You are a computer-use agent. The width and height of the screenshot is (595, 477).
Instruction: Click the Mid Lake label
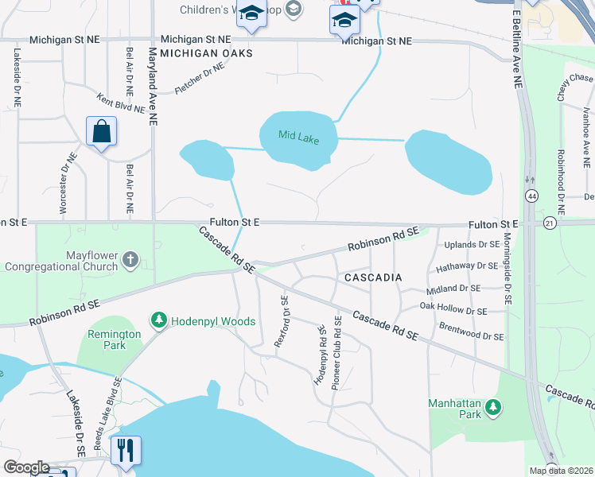pyautogui.click(x=298, y=137)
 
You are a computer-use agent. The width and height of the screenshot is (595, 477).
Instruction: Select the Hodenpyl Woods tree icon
pyautogui.click(x=159, y=320)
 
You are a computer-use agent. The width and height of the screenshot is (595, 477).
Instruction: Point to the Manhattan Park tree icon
pyautogui.click(x=494, y=407)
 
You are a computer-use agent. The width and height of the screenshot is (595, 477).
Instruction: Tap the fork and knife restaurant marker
pyautogui.click(x=126, y=450)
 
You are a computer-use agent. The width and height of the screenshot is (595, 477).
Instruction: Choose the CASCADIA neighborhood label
pyautogui.click(x=372, y=277)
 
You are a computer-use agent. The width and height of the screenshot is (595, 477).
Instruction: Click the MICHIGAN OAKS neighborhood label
pyautogui.click(x=206, y=53)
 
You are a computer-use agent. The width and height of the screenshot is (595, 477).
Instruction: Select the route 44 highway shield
pyautogui.click(x=531, y=195)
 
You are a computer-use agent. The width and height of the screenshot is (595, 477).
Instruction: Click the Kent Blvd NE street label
pyautogui.click(x=120, y=103)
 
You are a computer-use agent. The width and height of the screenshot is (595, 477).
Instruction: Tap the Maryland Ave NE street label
pyautogui.click(x=153, y=87)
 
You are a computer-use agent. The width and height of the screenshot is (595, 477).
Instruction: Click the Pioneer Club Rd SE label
pyautogui.click(x=337, y=353)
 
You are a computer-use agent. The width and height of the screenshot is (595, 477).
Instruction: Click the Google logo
pyautogui.click(x=25, y=467)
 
